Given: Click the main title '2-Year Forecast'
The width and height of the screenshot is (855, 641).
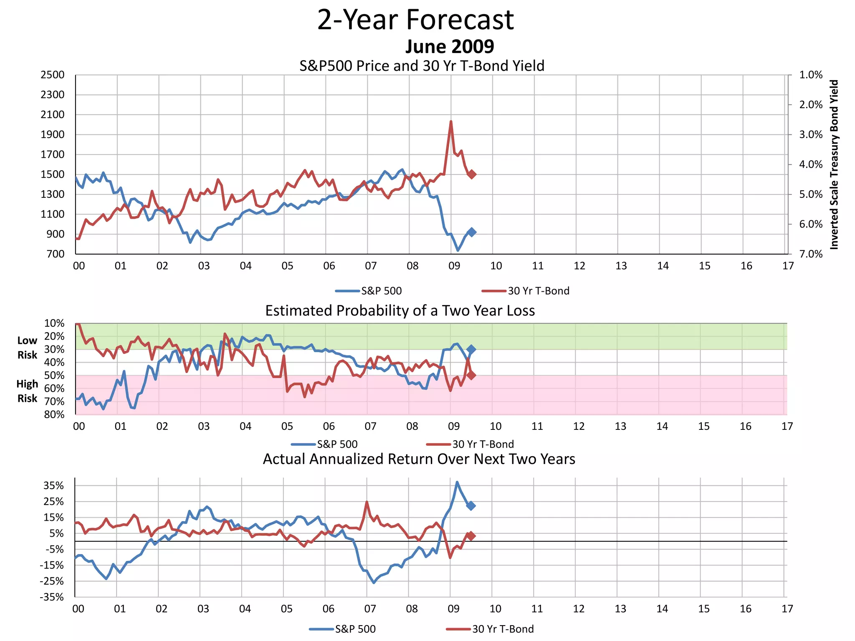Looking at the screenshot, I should (415, 20).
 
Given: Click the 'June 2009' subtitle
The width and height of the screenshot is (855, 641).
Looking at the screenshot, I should (450, 47).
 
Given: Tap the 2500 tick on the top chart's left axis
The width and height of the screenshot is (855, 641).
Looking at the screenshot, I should (53, 75).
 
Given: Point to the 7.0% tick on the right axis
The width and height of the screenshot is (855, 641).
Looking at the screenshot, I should (811, 254).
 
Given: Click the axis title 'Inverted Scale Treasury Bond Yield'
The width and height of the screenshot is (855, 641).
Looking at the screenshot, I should (834, 164).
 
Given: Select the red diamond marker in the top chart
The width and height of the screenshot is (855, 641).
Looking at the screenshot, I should (472, 174).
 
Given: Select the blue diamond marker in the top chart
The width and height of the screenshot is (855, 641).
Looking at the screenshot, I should (472, 232).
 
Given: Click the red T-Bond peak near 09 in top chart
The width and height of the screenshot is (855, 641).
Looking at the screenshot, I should (451, 121).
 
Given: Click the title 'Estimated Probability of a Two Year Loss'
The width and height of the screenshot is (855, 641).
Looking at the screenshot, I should (400, 311).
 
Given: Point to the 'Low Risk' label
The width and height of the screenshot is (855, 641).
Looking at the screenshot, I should (27, 348).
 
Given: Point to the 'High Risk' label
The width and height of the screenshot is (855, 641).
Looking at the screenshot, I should (27, 391).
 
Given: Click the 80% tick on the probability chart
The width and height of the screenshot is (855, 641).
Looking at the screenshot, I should (54, 414).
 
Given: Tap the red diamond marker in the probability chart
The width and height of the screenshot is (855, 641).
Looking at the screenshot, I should (471, 376).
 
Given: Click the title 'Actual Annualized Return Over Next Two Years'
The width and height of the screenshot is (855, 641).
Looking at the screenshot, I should (419, 459).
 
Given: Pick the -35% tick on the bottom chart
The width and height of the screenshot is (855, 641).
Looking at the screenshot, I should (52, 597).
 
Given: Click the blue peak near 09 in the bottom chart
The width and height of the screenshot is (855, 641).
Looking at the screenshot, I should (457, 482).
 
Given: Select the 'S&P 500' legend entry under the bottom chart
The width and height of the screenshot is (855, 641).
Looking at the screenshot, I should (355, 629).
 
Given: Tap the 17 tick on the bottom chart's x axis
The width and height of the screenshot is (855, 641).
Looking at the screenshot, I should (787, 609).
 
